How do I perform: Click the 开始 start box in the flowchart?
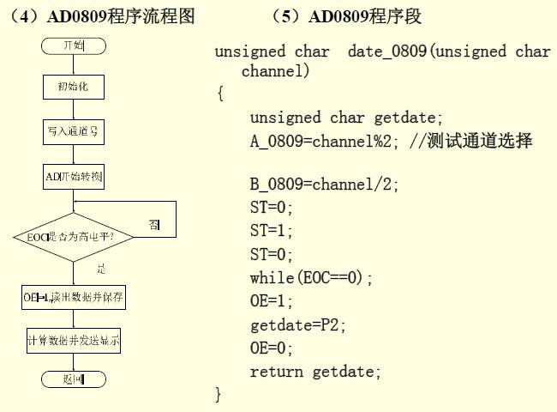click(73, 44)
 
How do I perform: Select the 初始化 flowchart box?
click(73, 88)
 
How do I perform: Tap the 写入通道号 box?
click(73, 132)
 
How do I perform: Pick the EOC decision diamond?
click(73, 234)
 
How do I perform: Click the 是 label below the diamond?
click(101, 270)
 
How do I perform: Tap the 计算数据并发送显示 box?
click(73, 341)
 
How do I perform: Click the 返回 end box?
click(73, 379)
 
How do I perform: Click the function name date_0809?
click(388, 51)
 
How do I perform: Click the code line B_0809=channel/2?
click(324, 185)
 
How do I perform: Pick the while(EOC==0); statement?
click(312, 278)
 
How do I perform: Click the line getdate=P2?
click(296, 325)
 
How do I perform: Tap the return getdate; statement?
click(314, 372)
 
